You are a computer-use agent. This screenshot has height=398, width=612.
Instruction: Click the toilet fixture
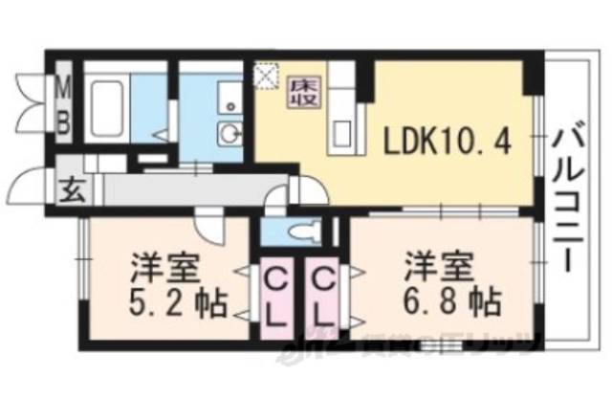tap(304, 231)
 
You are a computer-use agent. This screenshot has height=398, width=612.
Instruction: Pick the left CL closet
tap(274, 296)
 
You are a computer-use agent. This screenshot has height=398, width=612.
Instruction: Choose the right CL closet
tap(324, 296)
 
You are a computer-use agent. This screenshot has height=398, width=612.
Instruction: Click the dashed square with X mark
tap(265, 74)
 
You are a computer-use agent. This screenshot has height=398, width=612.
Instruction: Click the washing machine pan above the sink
tap(229, 96)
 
